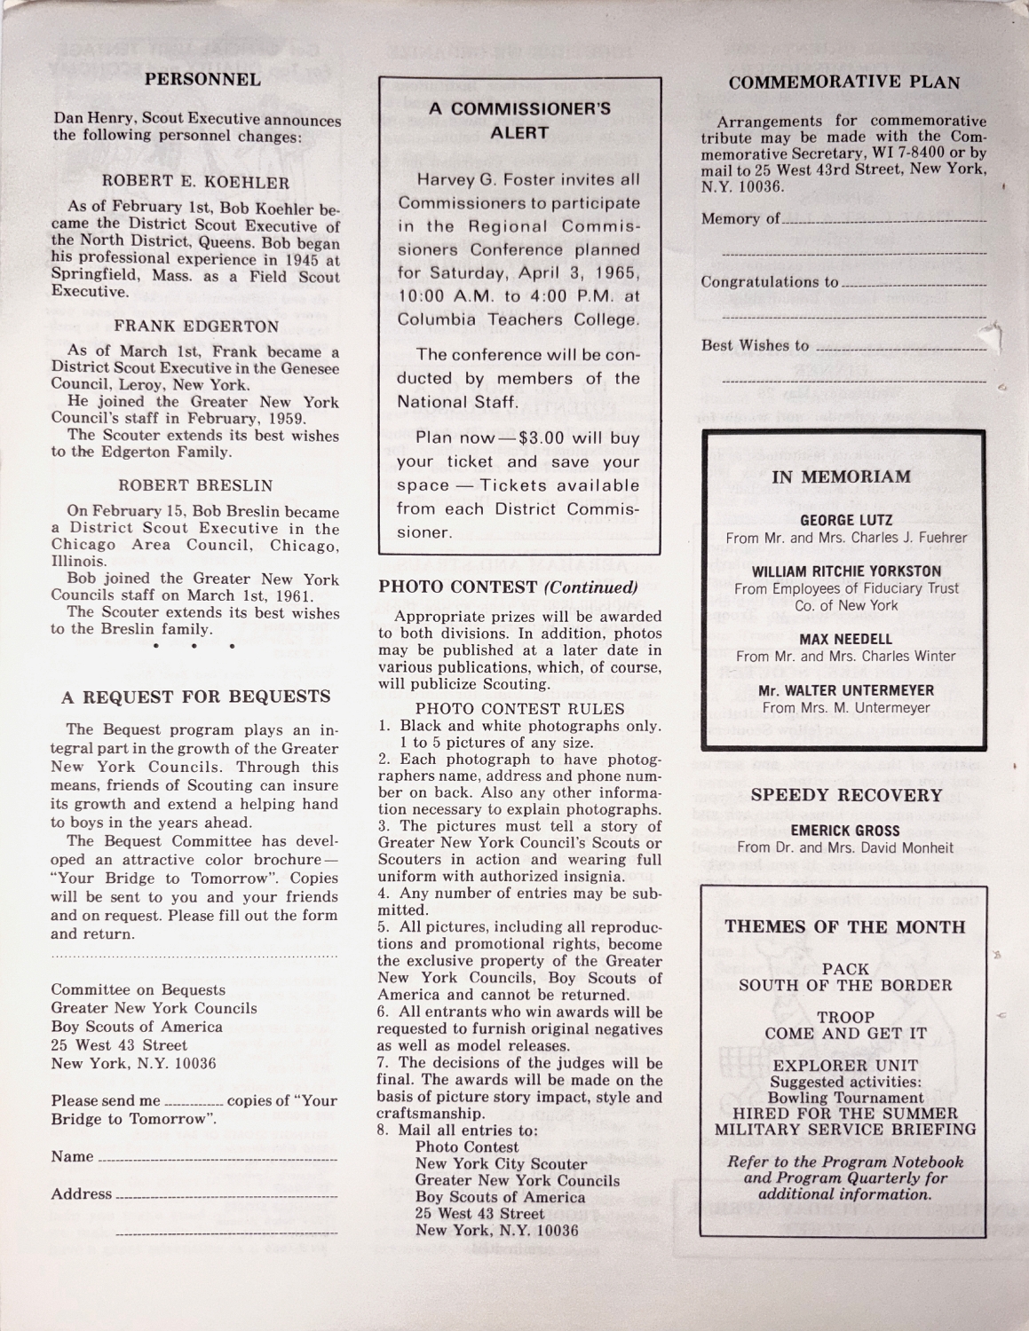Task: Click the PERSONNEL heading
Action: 202,79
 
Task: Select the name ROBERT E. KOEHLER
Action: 196,183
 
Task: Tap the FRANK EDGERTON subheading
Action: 196,326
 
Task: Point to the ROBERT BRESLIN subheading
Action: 195,485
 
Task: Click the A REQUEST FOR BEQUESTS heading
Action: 195,697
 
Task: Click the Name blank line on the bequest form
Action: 218,1160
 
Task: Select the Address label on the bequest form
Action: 82,1194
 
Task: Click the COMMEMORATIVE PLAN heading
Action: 843,83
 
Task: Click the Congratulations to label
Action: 769,282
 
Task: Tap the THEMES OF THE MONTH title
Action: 845,927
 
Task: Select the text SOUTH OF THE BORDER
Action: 845,985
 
